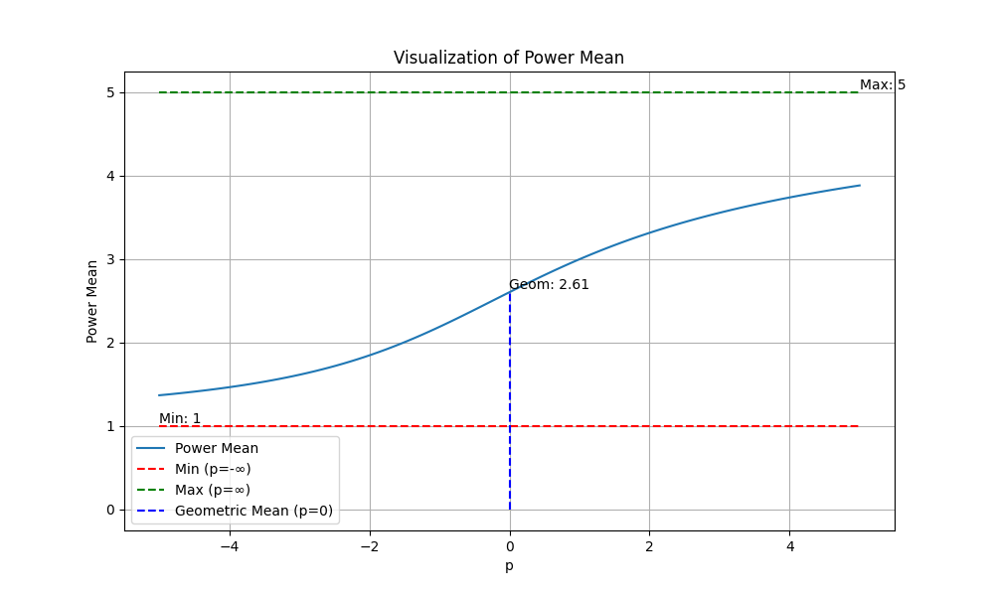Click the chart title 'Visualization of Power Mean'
(x=509, y=58)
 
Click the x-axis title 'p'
(x=509, y=566)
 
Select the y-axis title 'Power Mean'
(x=92, y=301)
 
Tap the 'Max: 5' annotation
(x=882, y=85)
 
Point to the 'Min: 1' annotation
(x=180, y=418)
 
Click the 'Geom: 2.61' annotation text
(x=549, y=284)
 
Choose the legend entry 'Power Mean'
(x=217, y=448)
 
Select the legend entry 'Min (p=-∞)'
(x=213, y=469)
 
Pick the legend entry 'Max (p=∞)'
(x=213, y=490)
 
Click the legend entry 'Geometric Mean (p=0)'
(x=254, y=511)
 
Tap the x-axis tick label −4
(x=229, y=545)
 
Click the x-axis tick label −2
(x=369, y=545)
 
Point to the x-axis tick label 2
(x=649, y=545)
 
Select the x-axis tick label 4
(x=789, y=545)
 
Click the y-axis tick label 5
(x=110, y=92)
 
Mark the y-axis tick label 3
(x=110, y=259)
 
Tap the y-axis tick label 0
(x=110, y=510)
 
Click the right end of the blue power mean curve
(x=860, y=186)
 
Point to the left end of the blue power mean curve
(x=159, y=395)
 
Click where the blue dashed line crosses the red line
(x=510, y=426)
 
